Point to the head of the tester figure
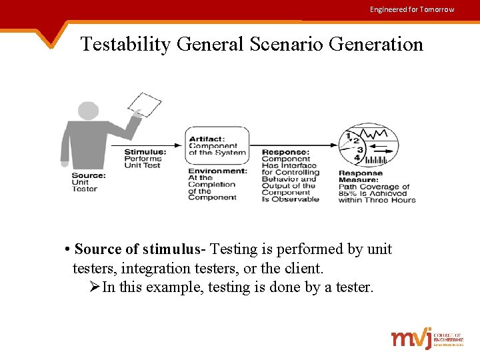coord(88,111)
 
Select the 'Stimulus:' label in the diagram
coord(145,152)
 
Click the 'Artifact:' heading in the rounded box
coord(207,139)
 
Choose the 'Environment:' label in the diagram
coord(217,171)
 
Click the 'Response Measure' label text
coord(361,177)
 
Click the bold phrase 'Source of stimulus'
coord(137,249)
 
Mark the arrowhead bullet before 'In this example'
coord(94,287)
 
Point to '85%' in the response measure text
coord(348,193)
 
